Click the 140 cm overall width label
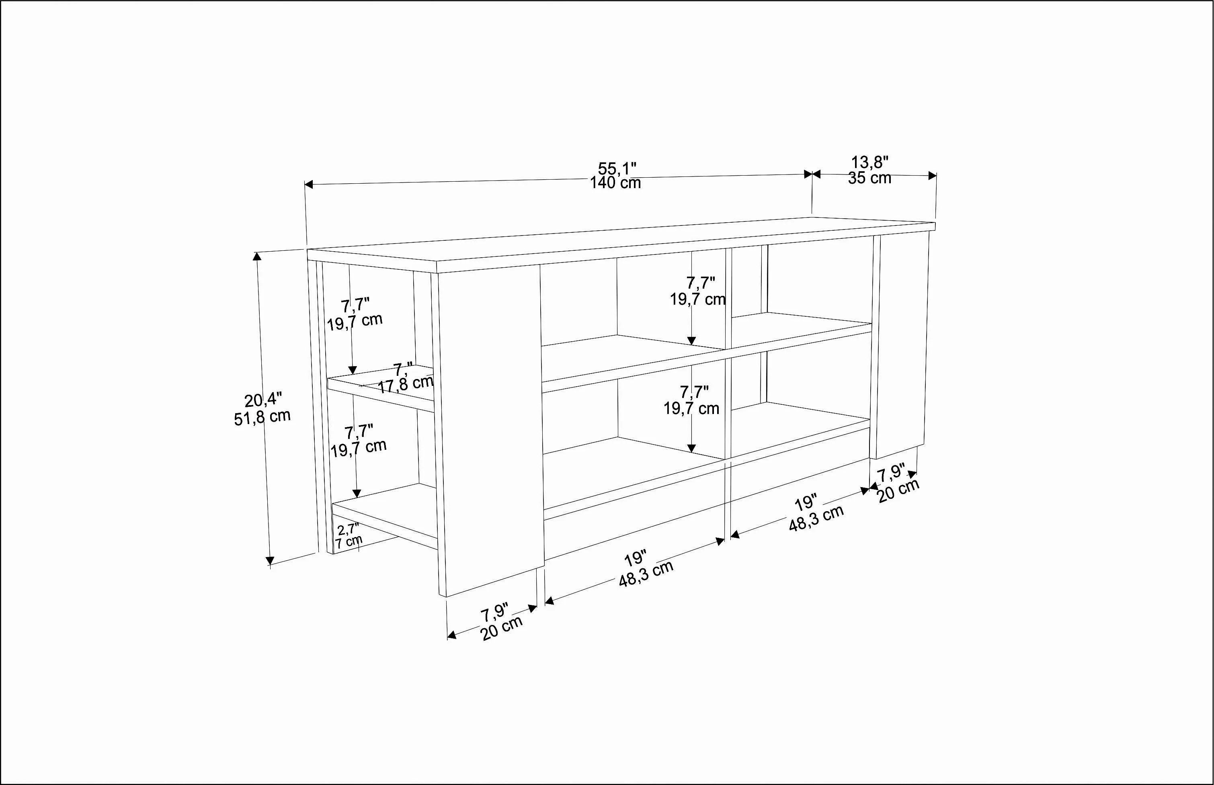[x=615, y=183]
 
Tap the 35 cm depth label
[x=869, y=178]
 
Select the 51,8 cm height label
[x=262, y=417]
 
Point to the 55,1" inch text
[x=617, y=168]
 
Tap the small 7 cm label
[x=349, y=541]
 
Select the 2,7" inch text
[x=348, y=529]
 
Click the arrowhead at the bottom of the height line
[x=270, y=561]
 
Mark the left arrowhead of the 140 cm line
[x=308, y=184]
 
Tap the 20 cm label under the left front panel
[x=502, y=628]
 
